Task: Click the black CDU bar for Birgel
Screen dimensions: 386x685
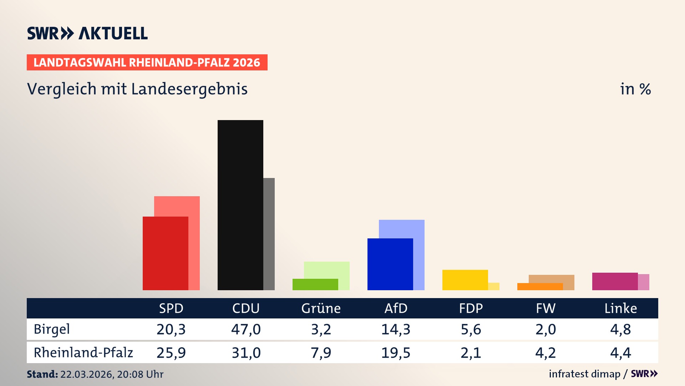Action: pyautogui.click(x=240, y=205)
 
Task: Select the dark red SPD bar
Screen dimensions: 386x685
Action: pyautogui.click(x=165, y=253)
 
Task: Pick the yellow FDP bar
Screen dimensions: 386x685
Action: pyautogui.click(x=465, y=279)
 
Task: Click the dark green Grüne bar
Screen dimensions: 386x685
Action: pyautogui.click(x=315, y=284)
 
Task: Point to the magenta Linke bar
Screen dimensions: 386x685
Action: pyautogui.click(x=615, y=281)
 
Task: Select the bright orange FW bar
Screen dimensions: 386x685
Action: pyautogui.click(x=540, y=287)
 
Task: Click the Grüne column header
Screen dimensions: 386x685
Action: pyautogui.click(x=321, y=308)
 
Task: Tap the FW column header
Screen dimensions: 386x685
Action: pyautogui.click(x=546, y=308)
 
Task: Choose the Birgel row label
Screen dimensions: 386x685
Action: pyautogui.click(x=52, y=329)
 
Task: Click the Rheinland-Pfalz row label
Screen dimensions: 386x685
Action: pyautogui.click(x=83, y=352)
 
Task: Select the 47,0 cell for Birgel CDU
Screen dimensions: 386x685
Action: pyautogui.click(x=246, y=329)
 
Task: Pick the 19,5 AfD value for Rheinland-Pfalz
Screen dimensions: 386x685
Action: pyautogui.click(x=396, y=353)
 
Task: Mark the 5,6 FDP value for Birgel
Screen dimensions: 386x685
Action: pyautogui.click(x=471, y=329)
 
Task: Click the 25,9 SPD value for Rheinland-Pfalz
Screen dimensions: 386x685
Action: pyautogui.click(x=171, y=353)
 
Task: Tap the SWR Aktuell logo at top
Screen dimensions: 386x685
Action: pyautogui.click(x=87, y=33)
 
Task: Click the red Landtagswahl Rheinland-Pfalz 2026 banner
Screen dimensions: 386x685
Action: pyautogui.click(x=147, y=63)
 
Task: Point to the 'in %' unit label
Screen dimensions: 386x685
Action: pyautogui.click(x=635, y=89)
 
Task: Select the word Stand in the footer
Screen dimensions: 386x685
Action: pyautogui.click(x=42, y=374)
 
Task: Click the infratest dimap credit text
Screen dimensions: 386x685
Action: pyautogui.click(x=584, y=374)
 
